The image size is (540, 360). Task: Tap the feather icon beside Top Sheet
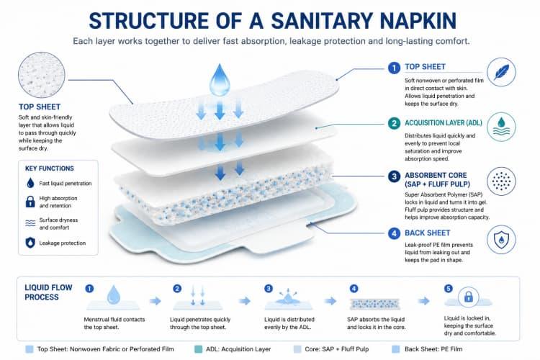(501, 72)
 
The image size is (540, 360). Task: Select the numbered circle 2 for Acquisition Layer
(394, 123)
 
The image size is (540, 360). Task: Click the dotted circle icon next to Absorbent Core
(501, 181)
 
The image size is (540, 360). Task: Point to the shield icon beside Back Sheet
(501, 240)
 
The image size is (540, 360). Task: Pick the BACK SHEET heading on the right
(428, 233)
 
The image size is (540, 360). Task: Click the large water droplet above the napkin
(220, 80)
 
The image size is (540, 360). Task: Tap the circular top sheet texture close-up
(41, 75)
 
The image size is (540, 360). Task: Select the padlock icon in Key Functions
(30, 202)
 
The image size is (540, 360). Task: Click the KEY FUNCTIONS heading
(49, 168)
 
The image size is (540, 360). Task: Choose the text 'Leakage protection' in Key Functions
(63, 243)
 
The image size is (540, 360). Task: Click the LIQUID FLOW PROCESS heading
(48, 292)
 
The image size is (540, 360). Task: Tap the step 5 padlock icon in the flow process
(469, 297)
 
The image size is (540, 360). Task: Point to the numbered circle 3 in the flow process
(269, 288)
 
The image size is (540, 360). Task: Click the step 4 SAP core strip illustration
(374, 304)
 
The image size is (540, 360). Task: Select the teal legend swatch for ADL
(199, 349)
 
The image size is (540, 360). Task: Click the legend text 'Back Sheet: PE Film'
(433, 349)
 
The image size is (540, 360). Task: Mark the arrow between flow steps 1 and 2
(156, 301)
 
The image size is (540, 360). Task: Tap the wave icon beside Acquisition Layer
(501, 127)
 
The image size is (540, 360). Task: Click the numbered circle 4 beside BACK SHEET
(394, 233)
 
